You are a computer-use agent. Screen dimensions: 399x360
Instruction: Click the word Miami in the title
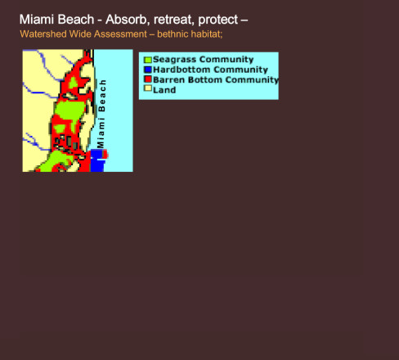pyautogui.click(x=37, y=20)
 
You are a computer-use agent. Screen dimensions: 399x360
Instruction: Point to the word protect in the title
pyautogui.click(x=218, y=20)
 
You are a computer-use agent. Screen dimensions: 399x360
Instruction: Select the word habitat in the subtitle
pyautogui.click(x=207, y=34)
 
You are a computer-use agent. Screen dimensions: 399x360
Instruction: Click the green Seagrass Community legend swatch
pyautogui.click(x=148, y=60)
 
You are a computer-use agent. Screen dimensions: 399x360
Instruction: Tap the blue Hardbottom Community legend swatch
pyautogui.click(x=148, y=70)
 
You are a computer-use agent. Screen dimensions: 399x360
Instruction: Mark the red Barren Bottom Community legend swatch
pyautogui.click(x=148, y=79)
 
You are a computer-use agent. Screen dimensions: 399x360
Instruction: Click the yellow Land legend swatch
pyautogui.click(x=148, y=88)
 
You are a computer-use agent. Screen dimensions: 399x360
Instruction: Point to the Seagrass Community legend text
pyautogui.click(x=203, y=60)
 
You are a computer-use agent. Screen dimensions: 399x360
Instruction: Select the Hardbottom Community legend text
pyautogui.click(x=210, y=70)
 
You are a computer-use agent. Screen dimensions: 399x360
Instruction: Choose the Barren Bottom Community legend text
pyautogui.click(x=216, y=79)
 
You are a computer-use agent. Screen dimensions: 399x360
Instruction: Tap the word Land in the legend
pyautogui.click(x=164, y=90)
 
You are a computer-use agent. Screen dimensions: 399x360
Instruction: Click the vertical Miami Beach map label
pyautogui.click(x=101, y=114)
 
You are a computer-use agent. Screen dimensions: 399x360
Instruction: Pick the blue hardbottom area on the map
pyautogui.click(x=97, y=160)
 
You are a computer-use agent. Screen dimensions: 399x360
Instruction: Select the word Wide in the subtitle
pyautogui.click(x=79, y=34)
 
